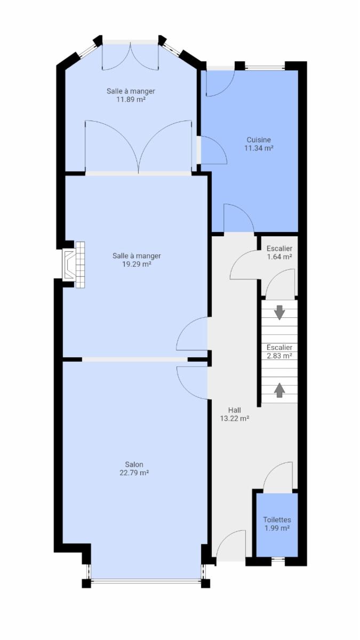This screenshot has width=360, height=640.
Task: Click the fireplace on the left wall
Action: (74, 265)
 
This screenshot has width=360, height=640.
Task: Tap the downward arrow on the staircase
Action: (279, 313)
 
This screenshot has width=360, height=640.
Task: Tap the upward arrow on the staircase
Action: (279, 390)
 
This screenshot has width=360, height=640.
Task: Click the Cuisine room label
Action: (259, 140)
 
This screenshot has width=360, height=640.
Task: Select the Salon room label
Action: (134, 465)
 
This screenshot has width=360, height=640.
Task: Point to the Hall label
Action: (235, 410)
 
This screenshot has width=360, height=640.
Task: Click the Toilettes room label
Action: (277, 519)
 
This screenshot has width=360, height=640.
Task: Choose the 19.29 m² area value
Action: (137, 264)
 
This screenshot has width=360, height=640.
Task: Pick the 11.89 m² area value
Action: (131, 99)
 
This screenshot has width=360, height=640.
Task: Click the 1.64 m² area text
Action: (279, 257)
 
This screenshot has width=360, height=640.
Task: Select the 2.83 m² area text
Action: (279, 356)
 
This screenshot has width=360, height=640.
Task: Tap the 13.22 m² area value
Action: (235, 419)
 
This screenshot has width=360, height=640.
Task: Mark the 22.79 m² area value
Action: (134, 473)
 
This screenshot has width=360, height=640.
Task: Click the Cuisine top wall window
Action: (265, 68)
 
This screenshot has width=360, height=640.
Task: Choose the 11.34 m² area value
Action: (259, 148)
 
